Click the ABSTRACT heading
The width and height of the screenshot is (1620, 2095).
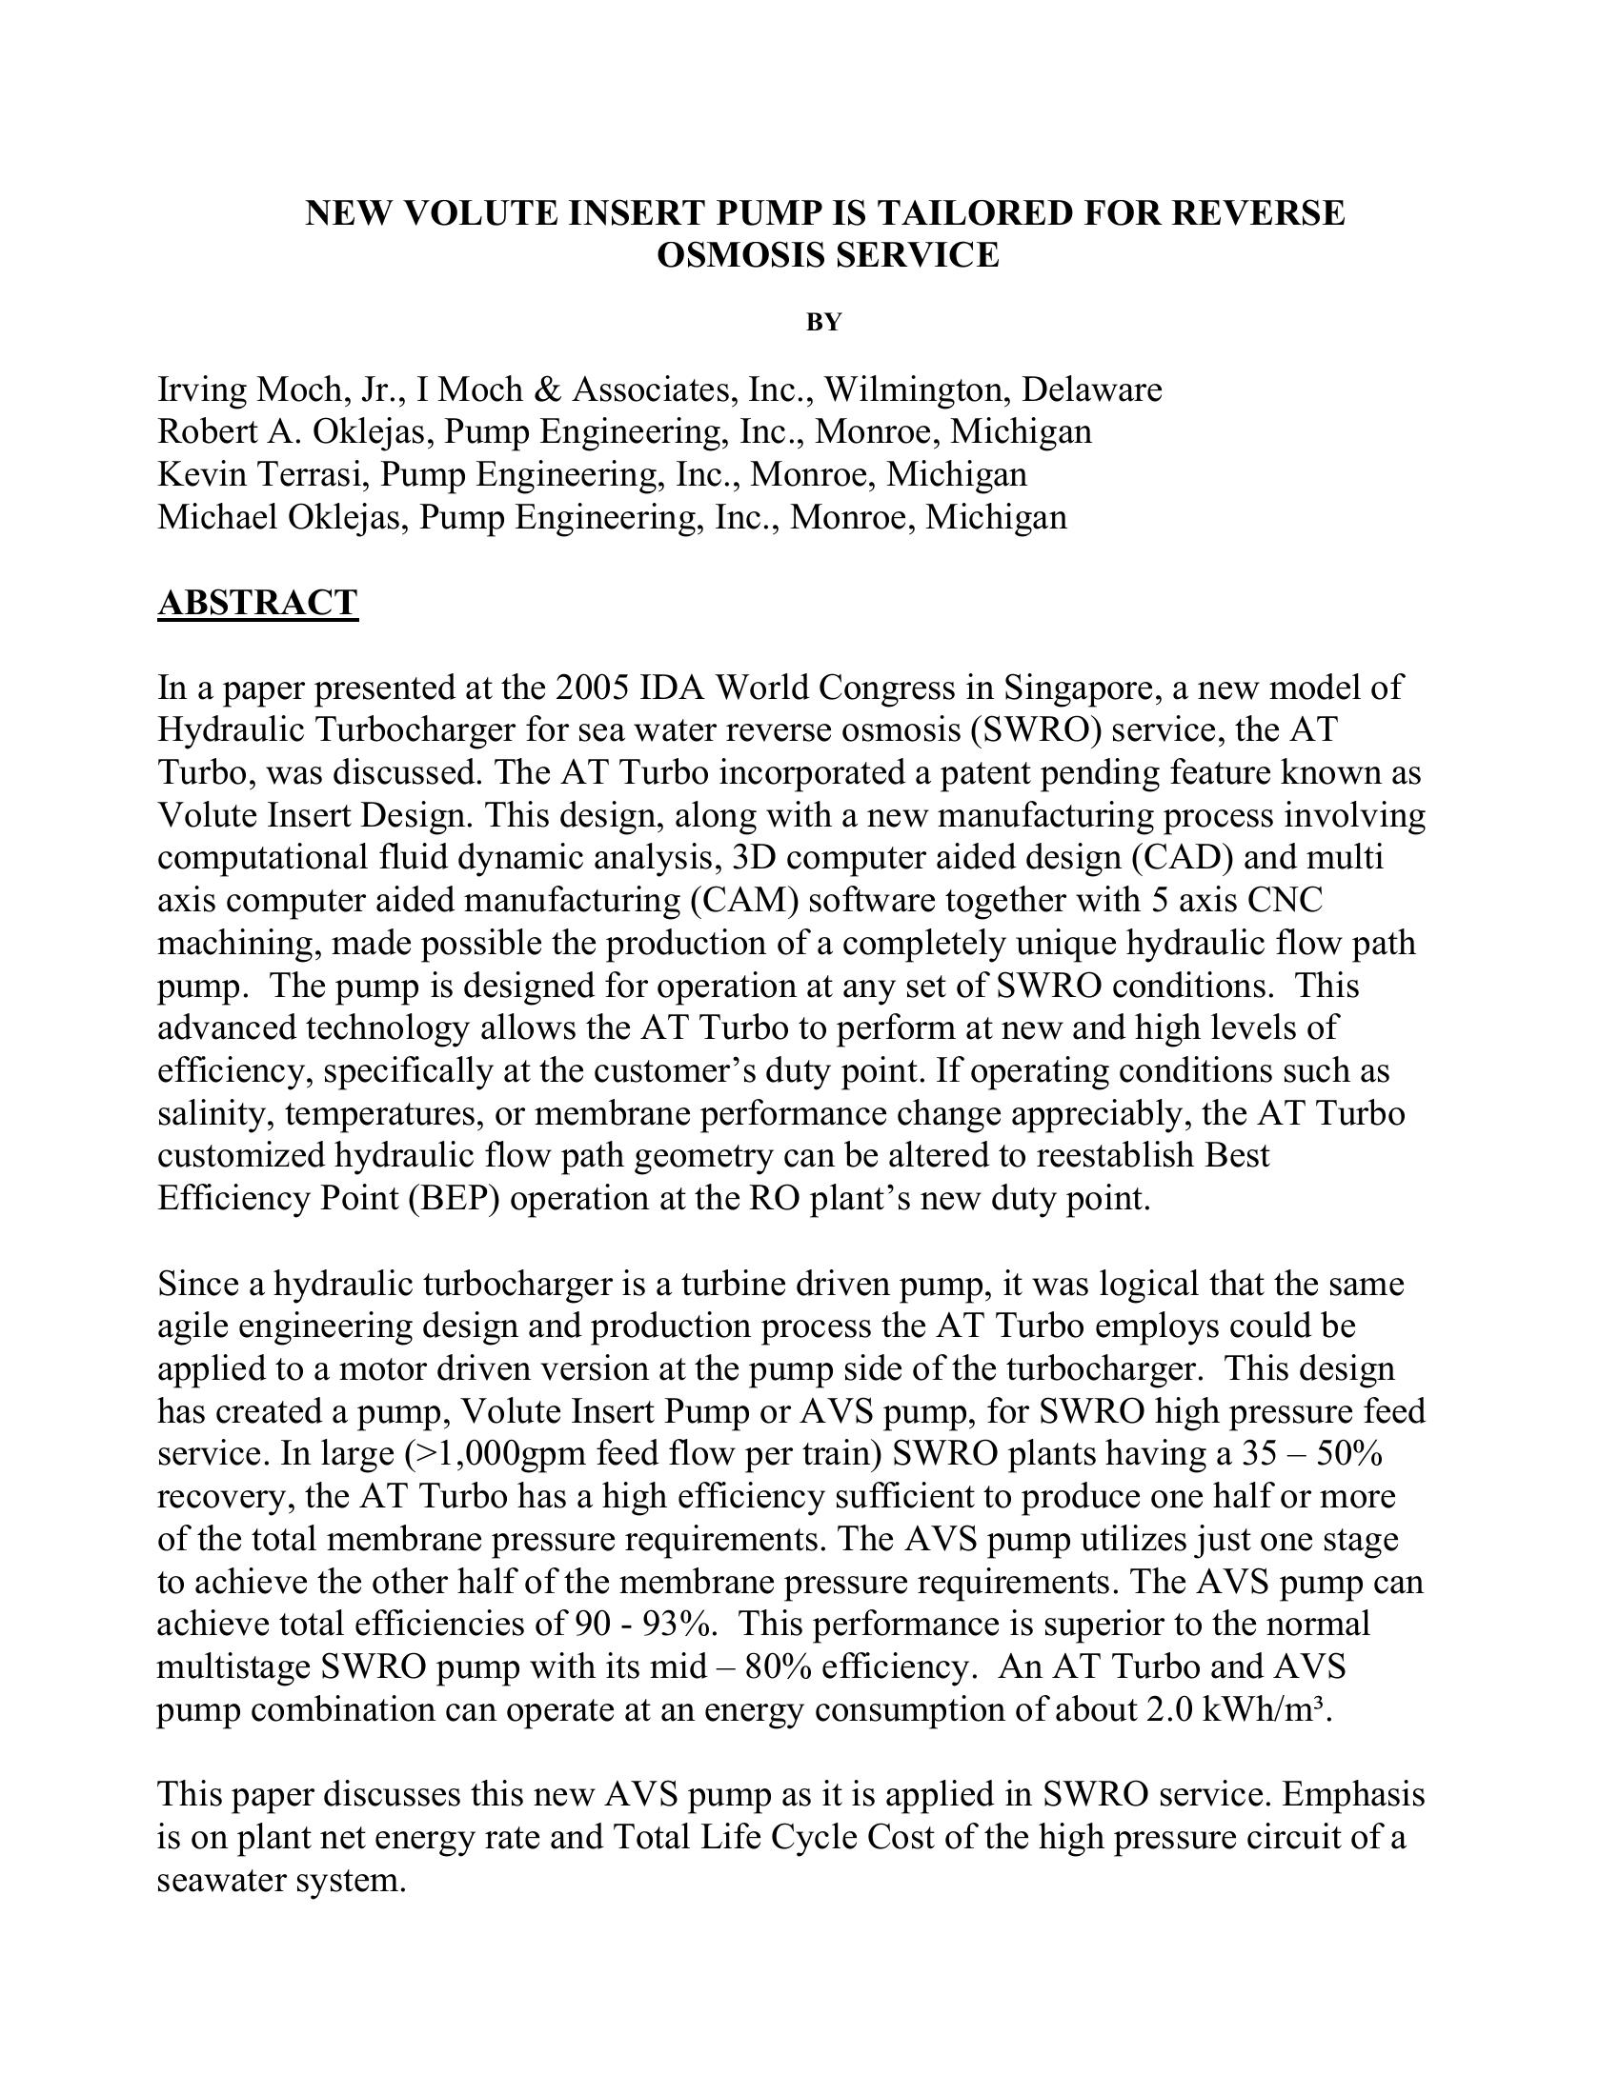coord(257,603)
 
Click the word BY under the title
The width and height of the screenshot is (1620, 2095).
coord(823,323)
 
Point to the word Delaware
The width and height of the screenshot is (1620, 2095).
coord(1091,389)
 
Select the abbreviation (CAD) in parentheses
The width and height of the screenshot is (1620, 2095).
coord(1194,857)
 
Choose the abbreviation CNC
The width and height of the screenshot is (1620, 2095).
coord(1288,900)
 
